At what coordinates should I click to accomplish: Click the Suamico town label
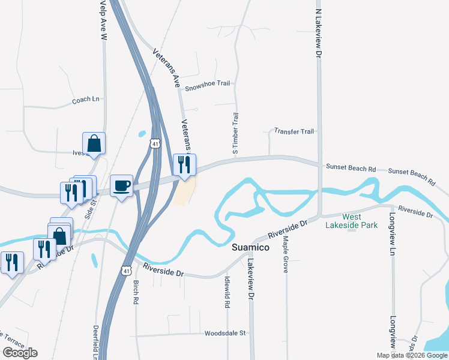(252, 247)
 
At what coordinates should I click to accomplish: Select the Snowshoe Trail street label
(207, 84)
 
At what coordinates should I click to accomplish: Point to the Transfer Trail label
(294, 131)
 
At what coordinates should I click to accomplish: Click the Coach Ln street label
(85, 100)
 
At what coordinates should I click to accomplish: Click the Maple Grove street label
(286, 254)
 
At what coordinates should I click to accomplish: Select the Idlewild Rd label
(228, 291)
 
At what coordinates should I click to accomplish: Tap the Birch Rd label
(136, 290)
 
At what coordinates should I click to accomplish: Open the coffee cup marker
(121, 185)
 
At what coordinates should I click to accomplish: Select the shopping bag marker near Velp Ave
(94, 143)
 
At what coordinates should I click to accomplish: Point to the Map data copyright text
(412, 355)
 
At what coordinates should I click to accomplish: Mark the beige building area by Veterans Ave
(184, 192)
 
